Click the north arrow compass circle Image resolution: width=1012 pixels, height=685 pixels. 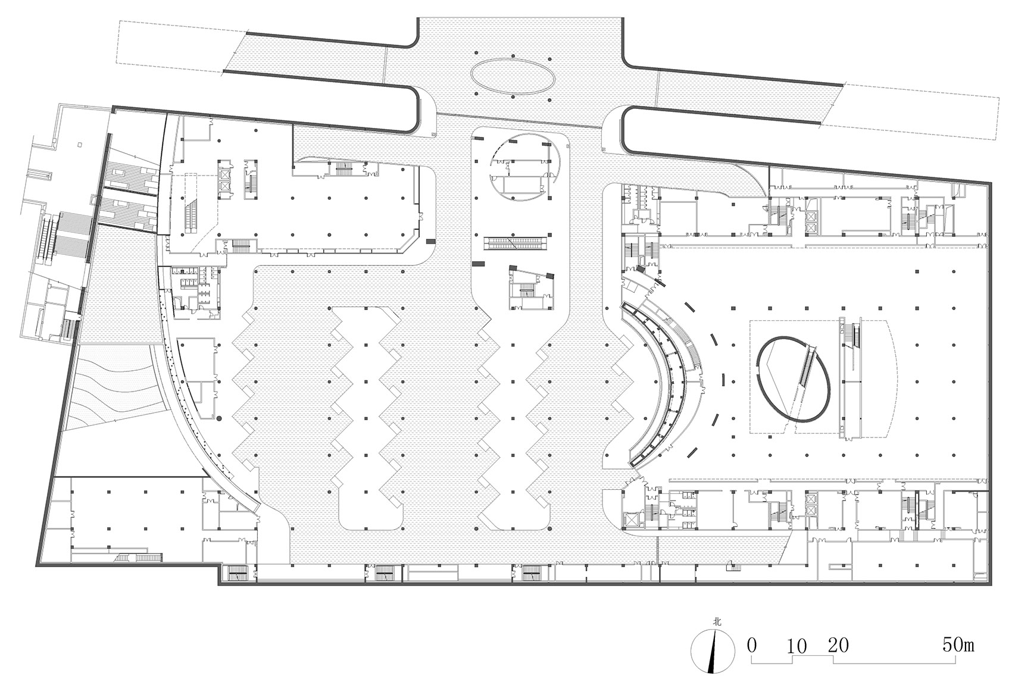click(713, 651)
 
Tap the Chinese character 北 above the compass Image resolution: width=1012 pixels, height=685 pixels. click(717, 623)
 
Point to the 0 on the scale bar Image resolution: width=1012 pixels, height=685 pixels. click(751, 646)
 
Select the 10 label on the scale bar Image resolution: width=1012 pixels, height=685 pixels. click(797, 647)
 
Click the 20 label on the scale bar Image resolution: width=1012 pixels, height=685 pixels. click(839, 646)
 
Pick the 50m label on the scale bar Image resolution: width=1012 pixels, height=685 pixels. click(958, 645)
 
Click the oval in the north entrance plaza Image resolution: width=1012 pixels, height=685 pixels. click(513, 76)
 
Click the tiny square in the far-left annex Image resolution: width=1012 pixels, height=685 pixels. click(80, 145)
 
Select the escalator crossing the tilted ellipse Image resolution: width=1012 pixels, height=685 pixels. click(806, 367)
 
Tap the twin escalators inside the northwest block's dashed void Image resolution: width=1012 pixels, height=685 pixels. click(190, 217)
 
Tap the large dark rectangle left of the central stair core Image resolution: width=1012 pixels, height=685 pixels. click(478, 264)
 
